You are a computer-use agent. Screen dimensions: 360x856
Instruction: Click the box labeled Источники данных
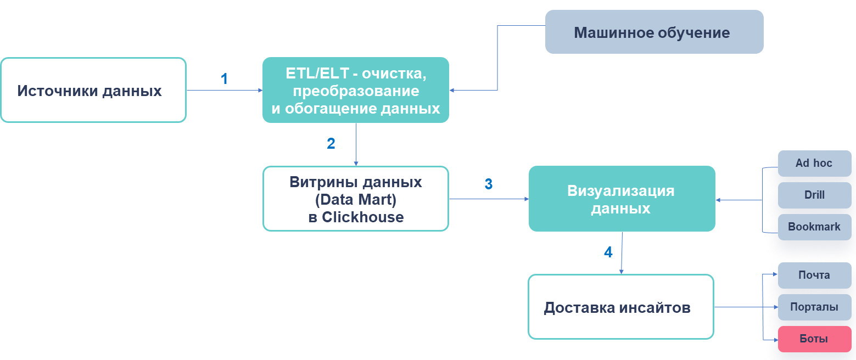click(x=93, y=90)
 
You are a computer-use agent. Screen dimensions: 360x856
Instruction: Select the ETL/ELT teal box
click(x=356, y=90)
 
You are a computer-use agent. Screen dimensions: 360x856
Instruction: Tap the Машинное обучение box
click(x=654, y=32)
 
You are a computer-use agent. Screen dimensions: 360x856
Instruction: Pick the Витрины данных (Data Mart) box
click(x=356, y=198)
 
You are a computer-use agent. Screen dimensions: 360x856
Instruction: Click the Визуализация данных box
click(x=622, y=198)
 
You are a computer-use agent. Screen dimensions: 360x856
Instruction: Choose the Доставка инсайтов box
click(x=620, y=307)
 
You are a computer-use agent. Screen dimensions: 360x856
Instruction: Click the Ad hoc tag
click(x=814, y=163)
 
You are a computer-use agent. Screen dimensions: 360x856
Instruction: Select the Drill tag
click(x=814, y=195)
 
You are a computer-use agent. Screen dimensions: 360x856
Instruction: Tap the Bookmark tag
click(x=814, y=227)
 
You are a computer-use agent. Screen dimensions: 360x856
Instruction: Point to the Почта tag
click(x=814, y=275)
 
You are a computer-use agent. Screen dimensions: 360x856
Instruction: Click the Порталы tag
click(x=814, y=307)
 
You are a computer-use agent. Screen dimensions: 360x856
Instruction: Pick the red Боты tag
click(x=814, y=339)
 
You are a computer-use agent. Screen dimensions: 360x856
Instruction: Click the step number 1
click(x=224, y=79)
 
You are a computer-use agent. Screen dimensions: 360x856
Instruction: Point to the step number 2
click(x=331, y=144)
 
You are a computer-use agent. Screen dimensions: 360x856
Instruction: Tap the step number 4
click(x=608, y=252)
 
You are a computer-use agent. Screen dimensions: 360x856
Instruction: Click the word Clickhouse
click(x=363, y=217)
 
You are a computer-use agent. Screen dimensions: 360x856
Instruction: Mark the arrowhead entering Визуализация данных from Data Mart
click(x=525, y=199)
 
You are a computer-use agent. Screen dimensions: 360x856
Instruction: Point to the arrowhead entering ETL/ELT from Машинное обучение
click(x=452, y=91)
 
